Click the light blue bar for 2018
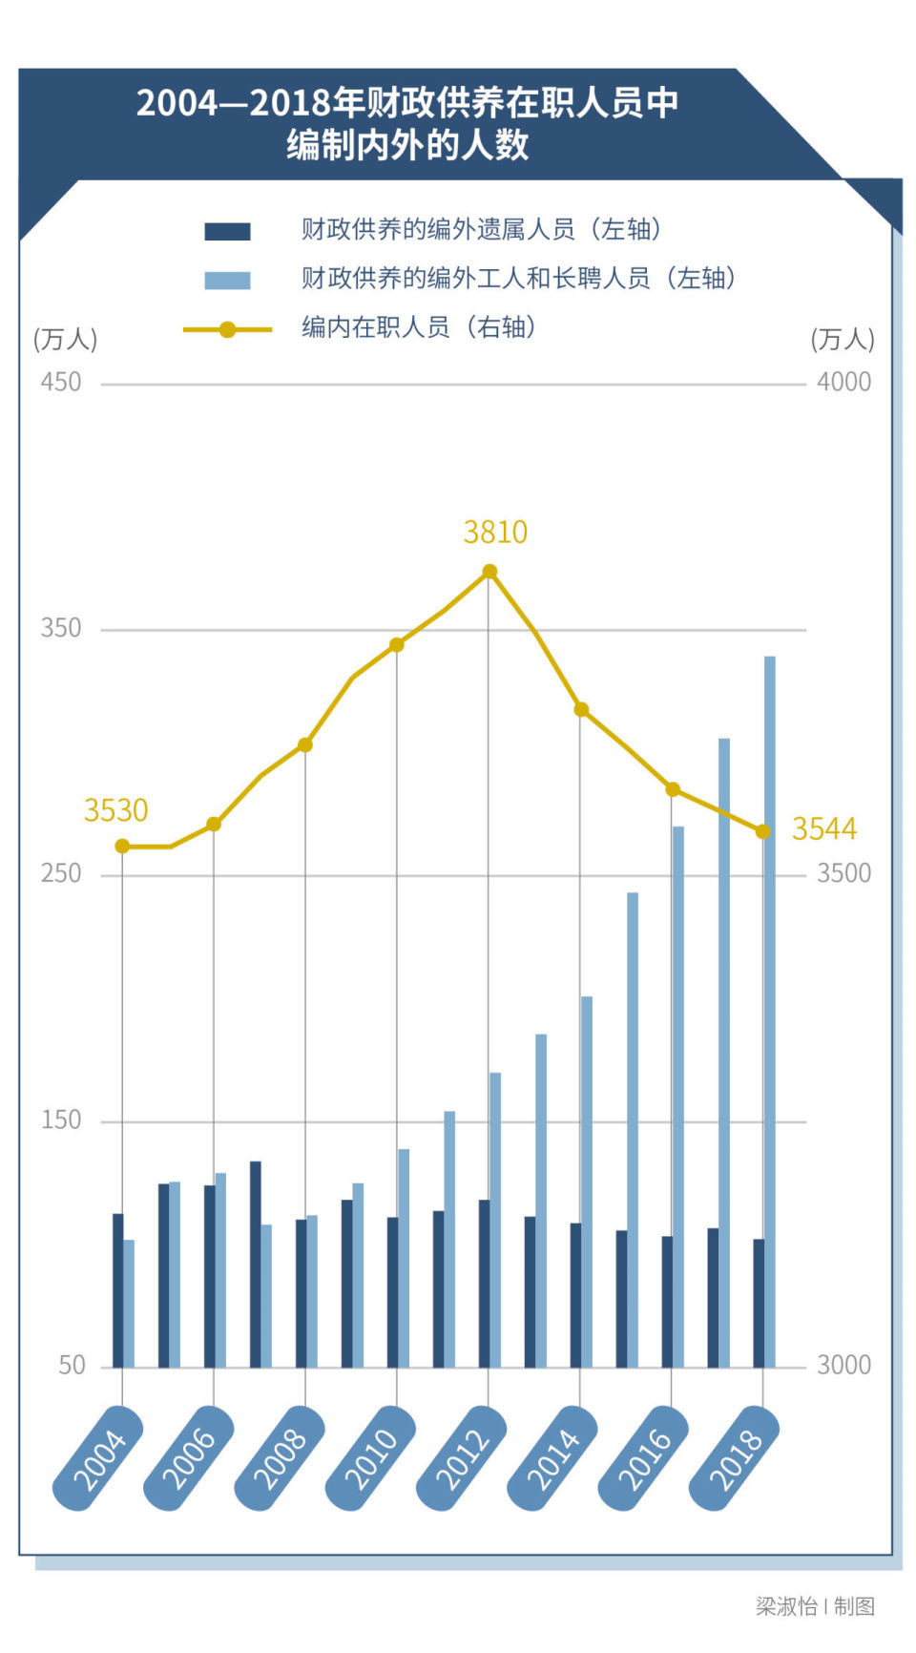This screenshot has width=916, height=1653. tap(769, 1012)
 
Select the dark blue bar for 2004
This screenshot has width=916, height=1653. tap(117, 1290)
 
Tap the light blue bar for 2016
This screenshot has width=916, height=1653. tap(677, 1097)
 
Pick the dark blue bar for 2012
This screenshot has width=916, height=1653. tap(484, 1284)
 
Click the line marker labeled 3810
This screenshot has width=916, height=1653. tap(489, 572)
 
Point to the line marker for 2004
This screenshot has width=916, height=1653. tap(122, 847)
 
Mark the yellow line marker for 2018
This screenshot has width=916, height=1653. tap(762, 832)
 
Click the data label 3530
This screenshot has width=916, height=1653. tap(115, 810)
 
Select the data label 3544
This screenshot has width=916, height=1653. tap(824, 828)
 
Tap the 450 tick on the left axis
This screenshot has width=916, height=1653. tap(61, 383)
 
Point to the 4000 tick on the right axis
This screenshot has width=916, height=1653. tap(843, 383)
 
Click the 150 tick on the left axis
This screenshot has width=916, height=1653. tap(61, 1120)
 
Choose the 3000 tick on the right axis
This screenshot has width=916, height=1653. tap(843, 1366)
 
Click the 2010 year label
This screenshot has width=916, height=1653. tap(371, 1458)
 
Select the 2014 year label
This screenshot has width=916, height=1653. tap(553, 1458)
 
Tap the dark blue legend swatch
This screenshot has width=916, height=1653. tap(227, 231)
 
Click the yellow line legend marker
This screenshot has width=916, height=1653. tap(227, 329)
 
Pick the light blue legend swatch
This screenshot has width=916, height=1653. tap(227, 281)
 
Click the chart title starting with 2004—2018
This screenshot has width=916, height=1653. tap(407, 124)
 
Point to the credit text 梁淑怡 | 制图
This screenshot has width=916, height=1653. tap(815, 1606)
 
